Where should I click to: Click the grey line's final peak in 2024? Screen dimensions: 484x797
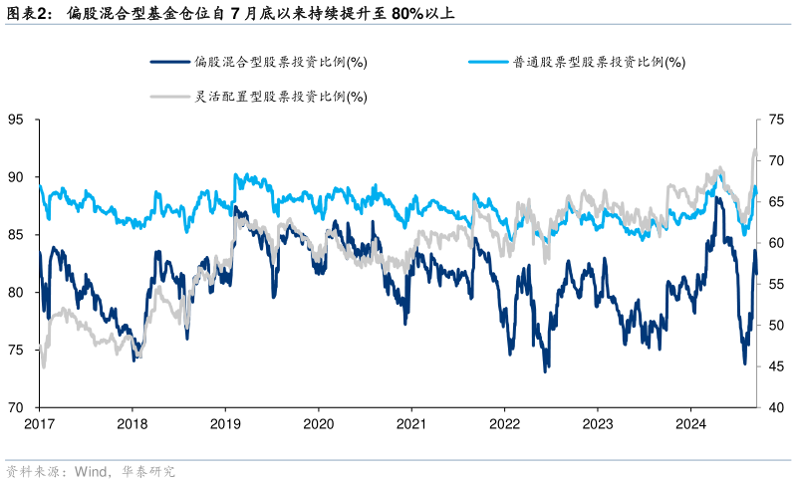754,149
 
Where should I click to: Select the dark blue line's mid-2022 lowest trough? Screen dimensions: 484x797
545,371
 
